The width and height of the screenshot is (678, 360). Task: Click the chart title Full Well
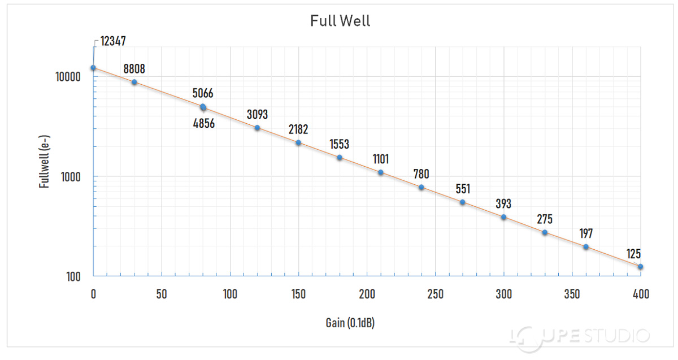pos(340,21)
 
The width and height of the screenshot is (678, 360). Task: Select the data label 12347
pos(113,41)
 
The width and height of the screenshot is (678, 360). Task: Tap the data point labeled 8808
pos(134,83)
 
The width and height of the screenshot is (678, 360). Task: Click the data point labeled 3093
pos(257,128)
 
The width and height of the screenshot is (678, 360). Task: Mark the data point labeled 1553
pos(340,158)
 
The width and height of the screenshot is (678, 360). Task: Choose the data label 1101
pos(381,159)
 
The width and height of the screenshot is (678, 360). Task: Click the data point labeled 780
pos(421,187)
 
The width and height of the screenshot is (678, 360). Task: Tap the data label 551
pos(463,189)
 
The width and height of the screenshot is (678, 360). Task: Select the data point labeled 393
pos(503,217)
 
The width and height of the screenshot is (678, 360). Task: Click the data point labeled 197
pos(586,247)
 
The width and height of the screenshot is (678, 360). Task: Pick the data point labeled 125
pos(641,267)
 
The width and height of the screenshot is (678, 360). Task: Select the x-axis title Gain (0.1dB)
pos(351,323)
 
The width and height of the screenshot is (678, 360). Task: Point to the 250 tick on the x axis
pos(435,294)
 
